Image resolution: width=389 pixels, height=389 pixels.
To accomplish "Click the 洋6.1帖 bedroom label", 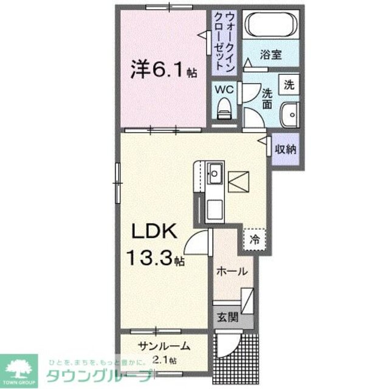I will tap(161, 70).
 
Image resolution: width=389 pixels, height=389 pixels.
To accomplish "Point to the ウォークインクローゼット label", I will tap(222, 40).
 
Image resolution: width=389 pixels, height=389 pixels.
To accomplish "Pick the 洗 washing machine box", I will tap(289, 85).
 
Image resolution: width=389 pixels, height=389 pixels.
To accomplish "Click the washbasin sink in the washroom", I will tap(289, 113).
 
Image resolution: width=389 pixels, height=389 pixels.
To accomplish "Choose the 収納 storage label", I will tap(285, 149).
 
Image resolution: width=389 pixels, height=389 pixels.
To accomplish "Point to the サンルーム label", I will tap(164, 346).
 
